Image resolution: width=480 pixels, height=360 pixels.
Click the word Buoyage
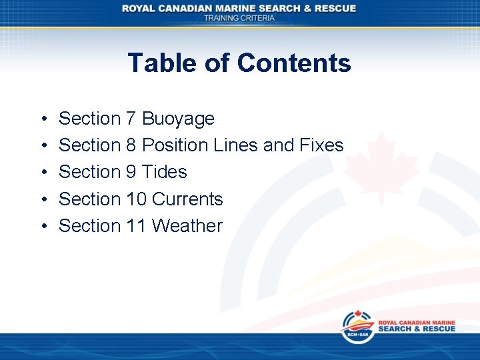179,119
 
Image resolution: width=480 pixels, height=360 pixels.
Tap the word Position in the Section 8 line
173,145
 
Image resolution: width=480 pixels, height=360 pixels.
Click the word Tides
165,172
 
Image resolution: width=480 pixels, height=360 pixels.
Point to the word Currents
187,199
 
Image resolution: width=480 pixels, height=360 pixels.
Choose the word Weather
187,225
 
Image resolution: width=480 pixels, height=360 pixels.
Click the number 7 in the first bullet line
131,119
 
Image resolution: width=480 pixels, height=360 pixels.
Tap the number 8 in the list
131,145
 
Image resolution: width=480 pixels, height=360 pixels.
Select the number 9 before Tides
131,172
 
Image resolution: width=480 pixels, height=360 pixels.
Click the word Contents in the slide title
293,63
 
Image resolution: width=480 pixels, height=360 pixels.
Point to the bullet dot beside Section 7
42,119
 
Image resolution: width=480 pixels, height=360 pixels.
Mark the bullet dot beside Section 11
42,226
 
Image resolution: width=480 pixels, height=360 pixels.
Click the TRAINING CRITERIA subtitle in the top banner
239,18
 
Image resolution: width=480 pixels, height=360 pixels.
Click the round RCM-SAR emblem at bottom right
357,327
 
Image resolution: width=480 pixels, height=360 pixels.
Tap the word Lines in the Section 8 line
236,145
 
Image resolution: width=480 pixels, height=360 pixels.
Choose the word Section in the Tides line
89,172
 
